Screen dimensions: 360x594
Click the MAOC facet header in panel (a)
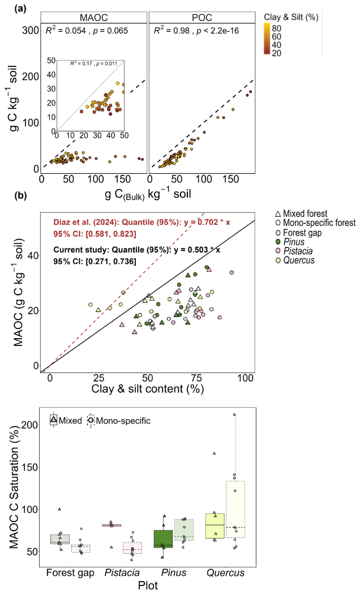[x=93, y=18]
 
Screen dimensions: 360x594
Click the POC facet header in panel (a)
[x=202, y=18]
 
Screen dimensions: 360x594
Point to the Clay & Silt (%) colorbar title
[x=291, y=17]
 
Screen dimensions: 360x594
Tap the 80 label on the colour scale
[x=276, y=28]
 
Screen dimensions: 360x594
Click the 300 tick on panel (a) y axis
[x=31, y=31]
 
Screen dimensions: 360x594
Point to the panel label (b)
[x=20, y=196]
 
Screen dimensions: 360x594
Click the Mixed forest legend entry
[x=301, y=213]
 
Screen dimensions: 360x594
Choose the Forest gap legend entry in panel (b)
[x=298, y=233]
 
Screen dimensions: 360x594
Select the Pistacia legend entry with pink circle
[x=294, y=251]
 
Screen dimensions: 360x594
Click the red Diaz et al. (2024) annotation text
[x=142, y=228]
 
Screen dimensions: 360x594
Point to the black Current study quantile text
[x=137, y=255]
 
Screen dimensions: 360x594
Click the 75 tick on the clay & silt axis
[x=196, y=378]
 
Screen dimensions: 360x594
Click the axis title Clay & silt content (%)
[x=148, y=388]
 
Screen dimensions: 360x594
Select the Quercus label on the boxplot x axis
[x=226, y=572]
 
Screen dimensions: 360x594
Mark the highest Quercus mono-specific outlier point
[x=234, y=414]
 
